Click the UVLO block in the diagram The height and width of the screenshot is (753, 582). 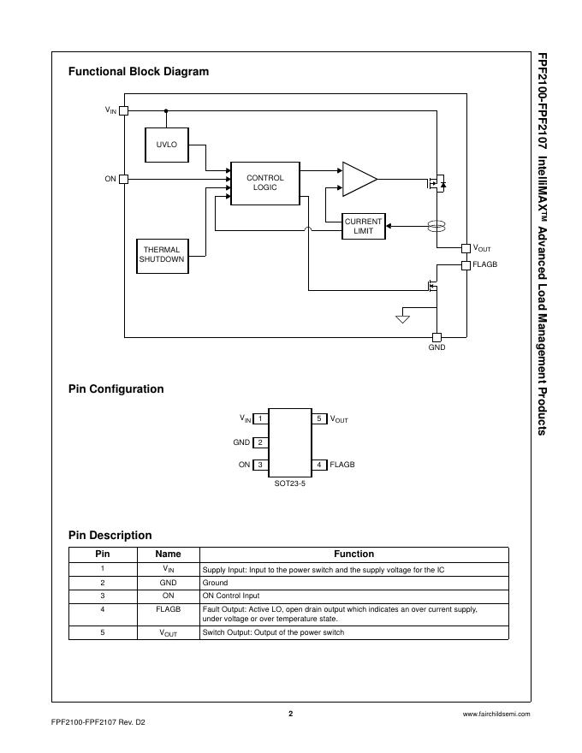(167, 145)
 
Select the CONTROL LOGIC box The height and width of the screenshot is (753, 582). (265, 183)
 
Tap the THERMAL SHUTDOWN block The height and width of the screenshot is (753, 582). (162, 255)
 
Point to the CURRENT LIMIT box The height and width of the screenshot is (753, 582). (363, 226)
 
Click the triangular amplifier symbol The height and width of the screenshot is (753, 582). (358, 179)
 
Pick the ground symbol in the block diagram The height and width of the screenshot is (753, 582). (402, 319)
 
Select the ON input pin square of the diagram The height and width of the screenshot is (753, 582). (124, 179)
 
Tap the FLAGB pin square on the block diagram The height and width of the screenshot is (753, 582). (466, 265)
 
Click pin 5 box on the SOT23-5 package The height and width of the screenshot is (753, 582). (319, 419)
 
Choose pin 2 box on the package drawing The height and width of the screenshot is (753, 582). (260, 442)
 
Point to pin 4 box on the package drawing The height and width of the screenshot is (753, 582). (319, 465)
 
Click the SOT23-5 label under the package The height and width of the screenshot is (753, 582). (289, 483)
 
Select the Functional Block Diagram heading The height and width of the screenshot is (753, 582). (139, 72)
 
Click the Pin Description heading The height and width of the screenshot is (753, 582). (110, 536)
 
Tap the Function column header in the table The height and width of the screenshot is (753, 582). (353, 554)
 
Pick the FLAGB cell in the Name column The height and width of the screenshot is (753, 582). (168, 610)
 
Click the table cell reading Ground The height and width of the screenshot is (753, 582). (215, 583)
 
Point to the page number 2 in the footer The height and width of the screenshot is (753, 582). (290, 714)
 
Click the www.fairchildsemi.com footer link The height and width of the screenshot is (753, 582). (496, 714)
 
